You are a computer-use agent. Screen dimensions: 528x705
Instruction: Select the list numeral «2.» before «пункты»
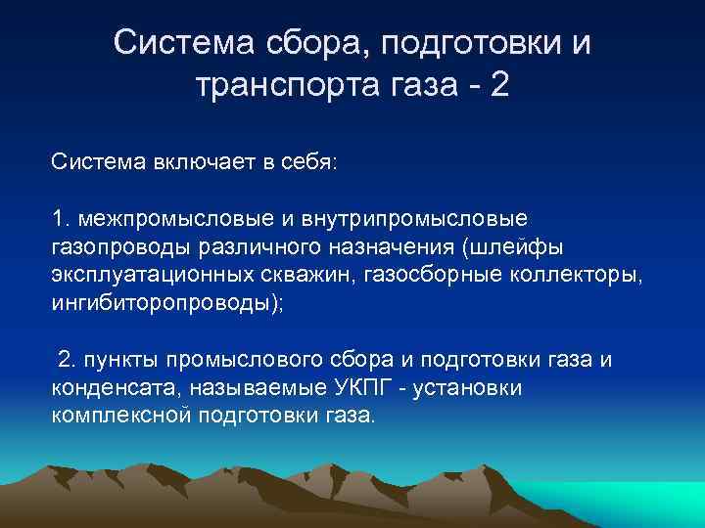[x=68, y=360]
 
